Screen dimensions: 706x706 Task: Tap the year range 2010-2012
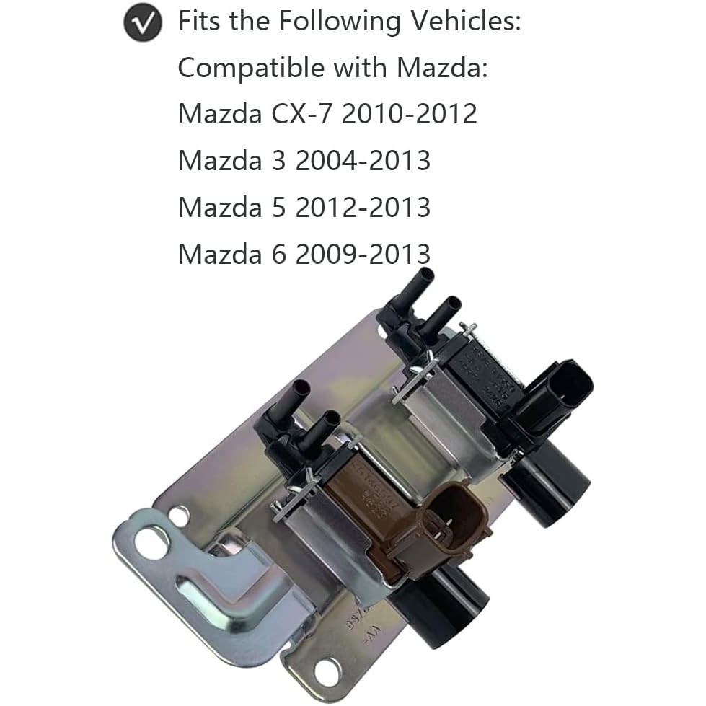tap(409, 114)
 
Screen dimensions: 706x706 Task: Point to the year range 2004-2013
tap(363, 161)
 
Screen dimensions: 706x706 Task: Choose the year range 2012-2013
tap(363, 208)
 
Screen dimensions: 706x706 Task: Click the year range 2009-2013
tap(363, 254)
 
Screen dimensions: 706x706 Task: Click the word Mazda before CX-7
tap(216, 114)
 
